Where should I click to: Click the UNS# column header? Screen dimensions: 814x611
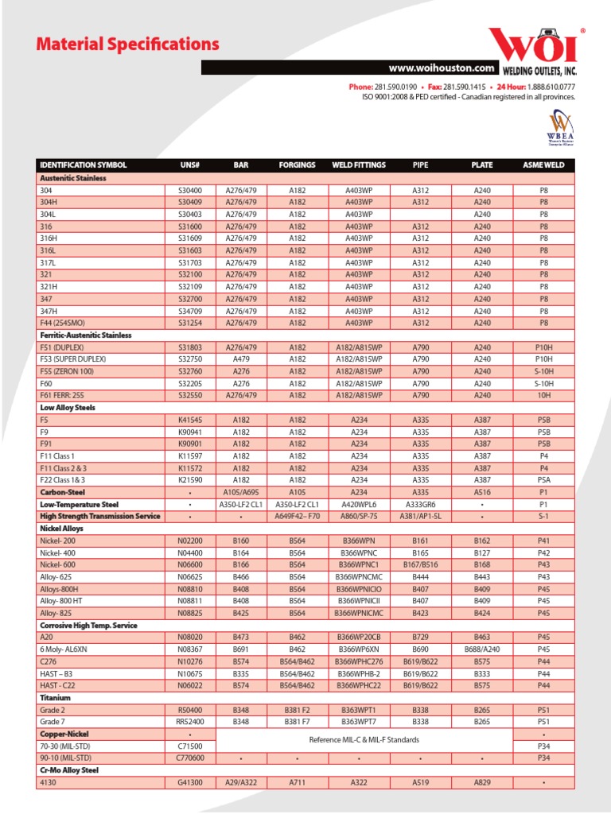(190, 165)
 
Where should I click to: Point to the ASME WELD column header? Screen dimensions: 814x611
(543, 165)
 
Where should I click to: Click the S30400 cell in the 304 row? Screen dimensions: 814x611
(190, 191)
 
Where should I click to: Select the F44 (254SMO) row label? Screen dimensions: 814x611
(64, 323)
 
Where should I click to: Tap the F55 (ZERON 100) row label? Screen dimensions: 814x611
(67, 371)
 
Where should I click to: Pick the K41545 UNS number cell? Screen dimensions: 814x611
(190, 420)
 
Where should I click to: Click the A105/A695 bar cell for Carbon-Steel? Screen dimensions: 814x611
(241, 492)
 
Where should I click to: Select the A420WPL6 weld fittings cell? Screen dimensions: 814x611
(360, 504)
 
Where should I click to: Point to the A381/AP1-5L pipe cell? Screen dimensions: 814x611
(420, 516)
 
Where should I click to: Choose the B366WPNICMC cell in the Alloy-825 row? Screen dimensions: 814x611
(360, 613)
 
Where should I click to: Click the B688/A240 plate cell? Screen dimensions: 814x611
(482, 649)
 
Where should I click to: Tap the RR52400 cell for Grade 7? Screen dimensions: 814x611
(190, 721)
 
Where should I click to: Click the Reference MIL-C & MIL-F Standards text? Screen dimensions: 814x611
(364, 740)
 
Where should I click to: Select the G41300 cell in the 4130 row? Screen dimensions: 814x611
(190, 783)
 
